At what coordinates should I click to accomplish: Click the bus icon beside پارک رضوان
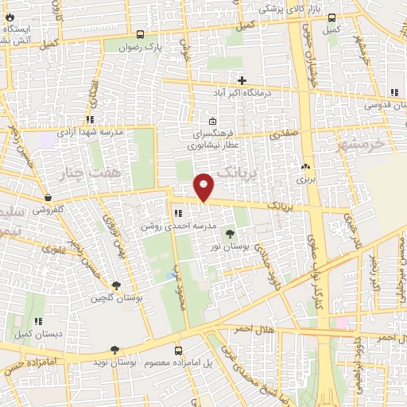[x=141, y=35]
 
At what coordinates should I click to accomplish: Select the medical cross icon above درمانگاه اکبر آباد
[x=242, y=80]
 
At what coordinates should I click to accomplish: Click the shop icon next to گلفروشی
[x=48, y=198]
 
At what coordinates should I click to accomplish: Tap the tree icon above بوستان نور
[x=230, y=234]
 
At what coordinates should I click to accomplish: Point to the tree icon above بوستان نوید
[x=115, y=350]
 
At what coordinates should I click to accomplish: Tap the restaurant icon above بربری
[x=305, y=168]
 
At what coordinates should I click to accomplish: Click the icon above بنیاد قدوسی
[x=392, y=91]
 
